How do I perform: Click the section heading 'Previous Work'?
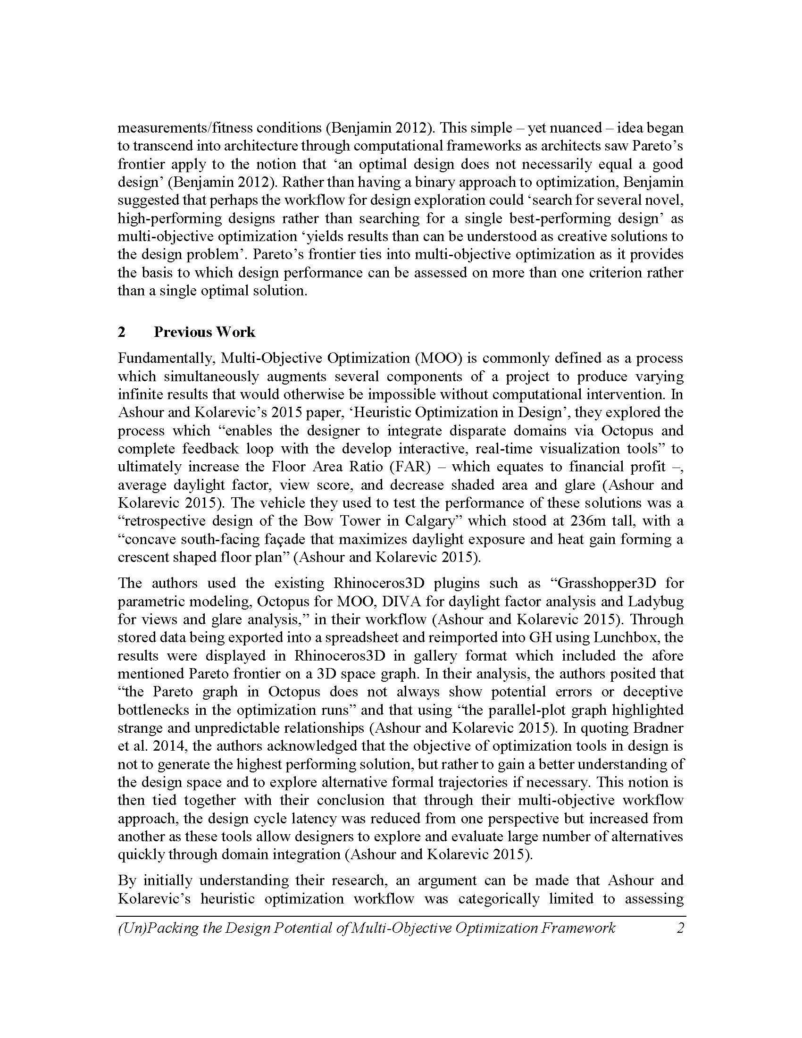[x=204, y=332]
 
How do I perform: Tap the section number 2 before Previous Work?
[x=122, y=332]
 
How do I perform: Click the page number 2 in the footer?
[x=680, y=928]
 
